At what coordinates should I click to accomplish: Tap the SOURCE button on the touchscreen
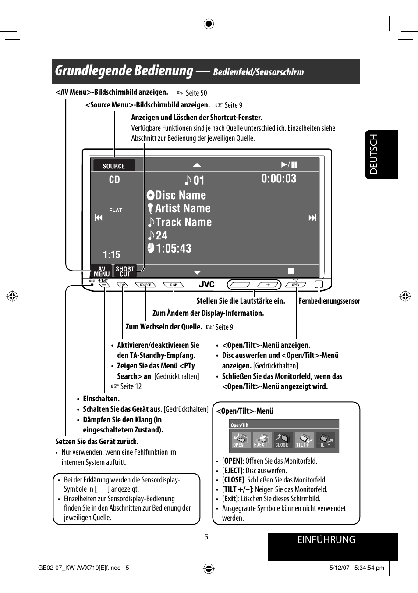click(114, 166)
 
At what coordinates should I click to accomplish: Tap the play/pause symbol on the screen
click(289, 164)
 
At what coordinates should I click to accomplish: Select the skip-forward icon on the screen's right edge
click(312, 218)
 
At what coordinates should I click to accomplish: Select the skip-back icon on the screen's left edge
click(99, 218)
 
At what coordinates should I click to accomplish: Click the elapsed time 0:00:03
click(279, 179)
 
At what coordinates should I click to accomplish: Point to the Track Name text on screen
click(184, 222)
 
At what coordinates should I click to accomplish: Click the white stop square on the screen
click(290, 271)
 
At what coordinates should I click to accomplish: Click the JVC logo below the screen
click(206, 285)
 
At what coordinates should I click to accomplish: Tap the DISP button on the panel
click(174, 285)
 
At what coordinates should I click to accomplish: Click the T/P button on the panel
click(123, 285)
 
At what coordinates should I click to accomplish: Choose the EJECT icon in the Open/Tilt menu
click(261, 440)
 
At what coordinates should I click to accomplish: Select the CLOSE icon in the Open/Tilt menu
click(282, 440)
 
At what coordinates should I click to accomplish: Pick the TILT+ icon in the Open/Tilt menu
click(303, 440)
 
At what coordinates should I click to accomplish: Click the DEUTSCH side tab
click(381, 154)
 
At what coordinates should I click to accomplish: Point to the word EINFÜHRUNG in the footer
click(326, 540)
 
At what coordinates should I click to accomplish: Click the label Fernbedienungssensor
click(329, 301)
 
